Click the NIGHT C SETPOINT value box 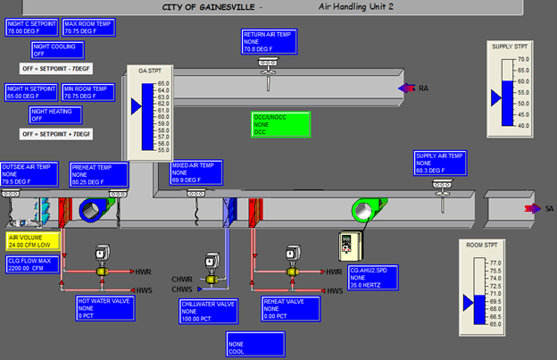coord(32,27)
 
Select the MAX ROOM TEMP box coord(91,27)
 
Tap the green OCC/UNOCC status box coord(279,125)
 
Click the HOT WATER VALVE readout coord(104,309)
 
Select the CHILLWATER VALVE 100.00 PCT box coord(208,312)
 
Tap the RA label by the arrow coord(423,88)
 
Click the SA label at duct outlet coord(550,208)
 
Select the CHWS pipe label coord(182,289)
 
